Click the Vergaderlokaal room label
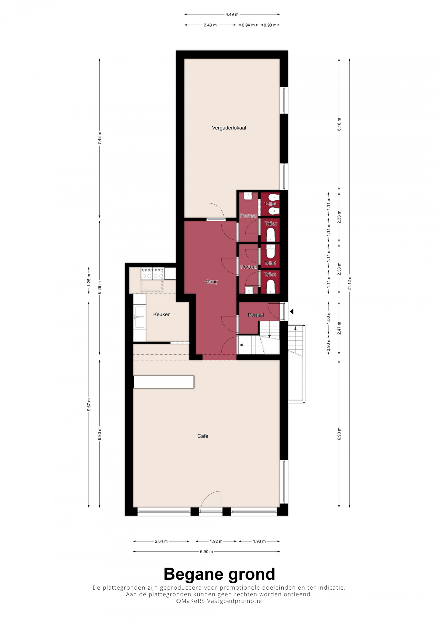tap(229, 128)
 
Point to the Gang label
tap(212, 282)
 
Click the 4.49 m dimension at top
tap(232, 14)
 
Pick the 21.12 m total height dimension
tap(350, 283)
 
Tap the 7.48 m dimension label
tap(100, 138)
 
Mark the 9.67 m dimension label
tap(89, 404)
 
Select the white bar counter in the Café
tap(164, 382)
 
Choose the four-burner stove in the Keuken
tap(152, 273)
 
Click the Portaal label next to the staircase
tap(256, 315)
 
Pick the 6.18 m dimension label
tap(339, 124)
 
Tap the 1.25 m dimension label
tap(89, 280)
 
